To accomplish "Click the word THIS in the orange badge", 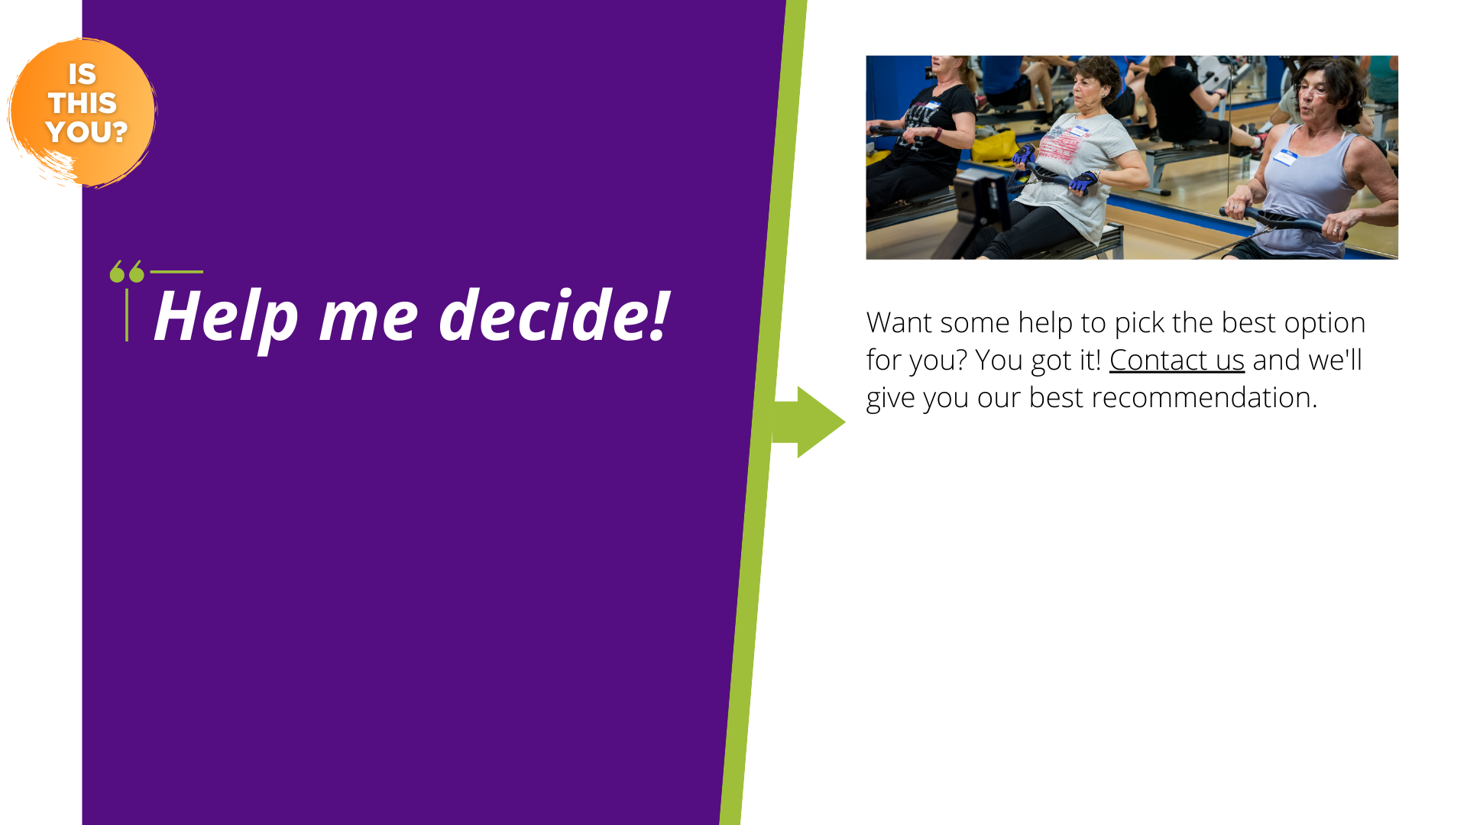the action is [83, 103].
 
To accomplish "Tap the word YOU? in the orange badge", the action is [86, 132].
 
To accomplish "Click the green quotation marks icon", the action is [127, 271].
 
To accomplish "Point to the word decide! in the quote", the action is [555, 315].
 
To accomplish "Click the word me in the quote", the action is [368, 319].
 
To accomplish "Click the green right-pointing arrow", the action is [808, 422].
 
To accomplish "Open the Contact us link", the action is [1177, 360].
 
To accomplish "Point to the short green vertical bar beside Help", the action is [127, 315].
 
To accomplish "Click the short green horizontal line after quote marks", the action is [176, 271].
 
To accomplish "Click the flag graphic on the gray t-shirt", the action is [1064, 146].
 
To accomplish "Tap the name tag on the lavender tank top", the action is [1285, 157].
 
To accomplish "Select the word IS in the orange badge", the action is [83, 75].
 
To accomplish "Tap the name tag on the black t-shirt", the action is [933, 104].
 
